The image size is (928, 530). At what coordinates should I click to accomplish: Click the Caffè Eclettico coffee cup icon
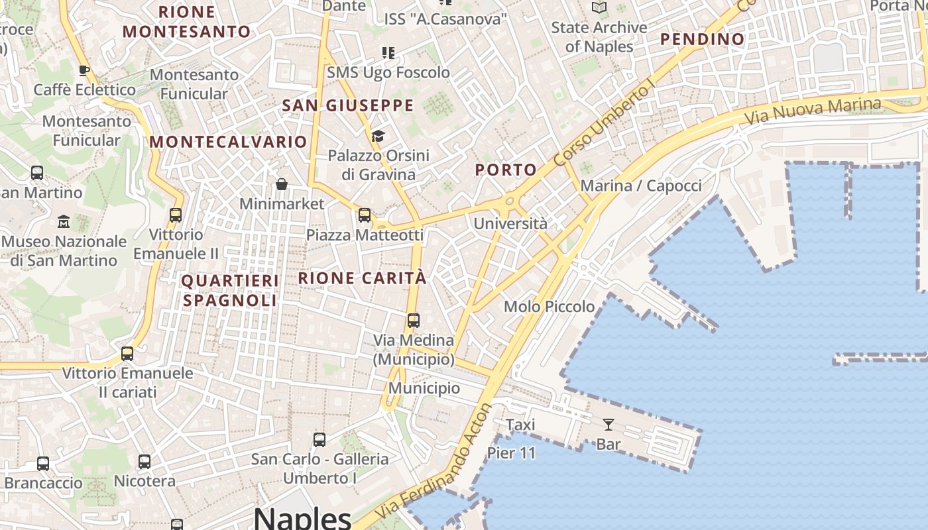coord(84,70)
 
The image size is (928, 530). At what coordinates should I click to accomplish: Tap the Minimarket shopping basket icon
coord(282,184)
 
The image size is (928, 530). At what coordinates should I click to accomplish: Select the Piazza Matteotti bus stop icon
coord(364,215)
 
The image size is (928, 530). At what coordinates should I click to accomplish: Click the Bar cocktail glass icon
coord(608,424)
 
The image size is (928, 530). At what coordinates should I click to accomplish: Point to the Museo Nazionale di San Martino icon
coord(64,221)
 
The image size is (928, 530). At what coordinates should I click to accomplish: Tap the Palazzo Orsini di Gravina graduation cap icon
coord(378,136)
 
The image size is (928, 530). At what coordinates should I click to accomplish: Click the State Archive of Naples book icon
coord(599,8)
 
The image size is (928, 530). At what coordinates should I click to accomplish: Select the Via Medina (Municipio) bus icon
coord(414,321)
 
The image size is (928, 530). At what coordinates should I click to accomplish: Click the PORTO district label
coord(506,170)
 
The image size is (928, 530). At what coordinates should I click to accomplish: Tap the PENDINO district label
coord(703,39)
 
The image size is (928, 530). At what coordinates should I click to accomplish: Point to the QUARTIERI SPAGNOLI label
coord(229,290)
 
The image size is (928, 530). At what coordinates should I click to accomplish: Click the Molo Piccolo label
coord(550,306)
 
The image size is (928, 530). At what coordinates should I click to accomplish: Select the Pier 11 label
coord(511,453)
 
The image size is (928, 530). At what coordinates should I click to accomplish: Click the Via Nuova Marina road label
coord(813,111)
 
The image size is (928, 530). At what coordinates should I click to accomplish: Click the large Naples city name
coord(302,517)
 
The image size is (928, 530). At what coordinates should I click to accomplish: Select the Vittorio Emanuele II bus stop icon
coord(176,215)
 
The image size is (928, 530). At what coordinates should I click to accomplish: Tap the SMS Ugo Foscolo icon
coord(388,52)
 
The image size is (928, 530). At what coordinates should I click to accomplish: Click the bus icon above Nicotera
coord(145,461)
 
